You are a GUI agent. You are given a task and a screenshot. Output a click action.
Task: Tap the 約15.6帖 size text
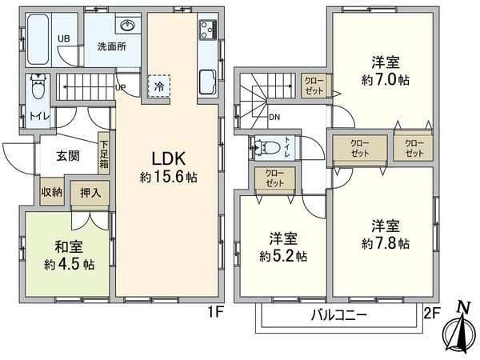click(x=170, y=176)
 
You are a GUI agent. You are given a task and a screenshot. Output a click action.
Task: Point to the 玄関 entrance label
click(x=68, y=155)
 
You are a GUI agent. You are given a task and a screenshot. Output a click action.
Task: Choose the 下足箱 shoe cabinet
click(x=104, y=154)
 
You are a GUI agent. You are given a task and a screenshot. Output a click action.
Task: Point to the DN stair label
click(x=274, y=118)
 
